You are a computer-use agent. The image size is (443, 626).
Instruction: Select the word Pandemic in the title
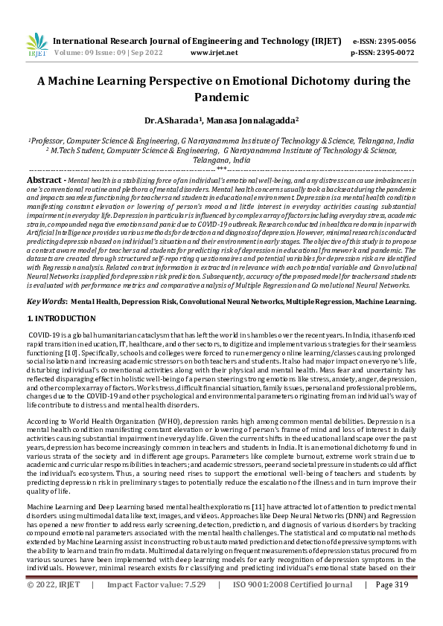(221, 97)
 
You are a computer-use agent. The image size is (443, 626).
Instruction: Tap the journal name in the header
(198, 41)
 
